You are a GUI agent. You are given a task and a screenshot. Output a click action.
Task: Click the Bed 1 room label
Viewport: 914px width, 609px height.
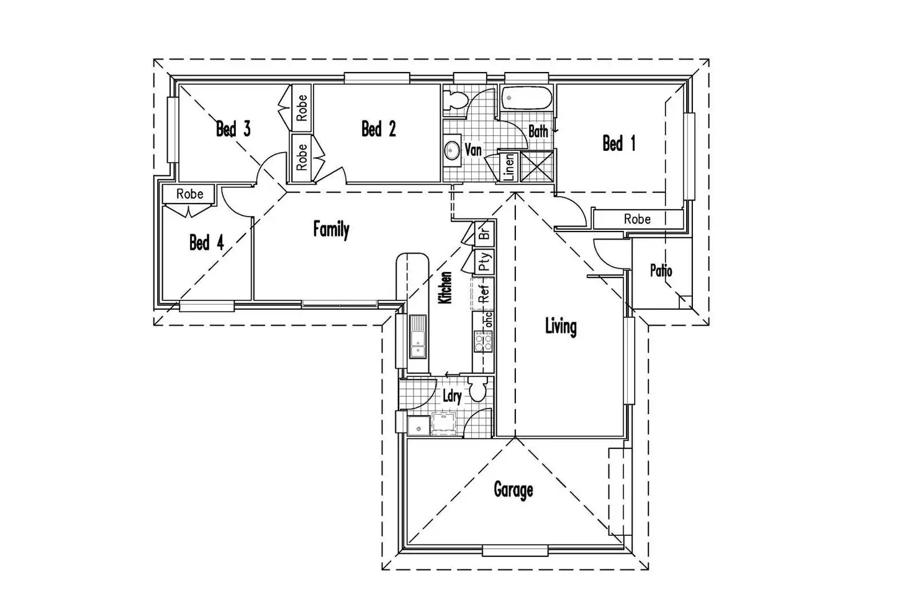(618, 144)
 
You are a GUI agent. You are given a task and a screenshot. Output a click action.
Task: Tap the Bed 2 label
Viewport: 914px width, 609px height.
(378, 129)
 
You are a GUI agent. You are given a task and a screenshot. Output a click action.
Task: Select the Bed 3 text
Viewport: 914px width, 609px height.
(233, 129)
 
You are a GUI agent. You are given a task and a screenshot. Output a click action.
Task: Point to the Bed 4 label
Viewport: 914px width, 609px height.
(206, 242)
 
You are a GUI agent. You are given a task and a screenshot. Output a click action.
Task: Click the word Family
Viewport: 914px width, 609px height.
(331, 230)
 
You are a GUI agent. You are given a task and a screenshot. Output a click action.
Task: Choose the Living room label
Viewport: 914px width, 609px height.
(560, 326)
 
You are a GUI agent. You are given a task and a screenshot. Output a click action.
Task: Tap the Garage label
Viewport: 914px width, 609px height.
(513, 490)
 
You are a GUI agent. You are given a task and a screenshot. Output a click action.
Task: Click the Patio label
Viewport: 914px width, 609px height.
(661, 271)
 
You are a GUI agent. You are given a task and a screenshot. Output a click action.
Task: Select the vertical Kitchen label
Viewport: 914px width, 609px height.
(445, 288)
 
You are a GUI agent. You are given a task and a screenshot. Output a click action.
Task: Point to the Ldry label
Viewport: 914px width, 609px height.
(451, 396)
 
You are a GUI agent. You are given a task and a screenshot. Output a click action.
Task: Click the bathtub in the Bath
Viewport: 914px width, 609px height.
(526, 98)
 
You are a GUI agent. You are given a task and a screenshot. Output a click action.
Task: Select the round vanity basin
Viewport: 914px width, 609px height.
(452, 150)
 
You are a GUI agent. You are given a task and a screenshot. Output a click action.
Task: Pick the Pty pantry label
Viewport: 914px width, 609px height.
(485, 262)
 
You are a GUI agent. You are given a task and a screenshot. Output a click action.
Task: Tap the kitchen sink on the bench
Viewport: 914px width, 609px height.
(417, 336)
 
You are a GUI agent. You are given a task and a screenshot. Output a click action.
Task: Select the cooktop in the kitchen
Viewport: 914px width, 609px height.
(483, 341)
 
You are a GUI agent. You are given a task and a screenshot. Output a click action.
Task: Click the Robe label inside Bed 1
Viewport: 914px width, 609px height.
(637, 219)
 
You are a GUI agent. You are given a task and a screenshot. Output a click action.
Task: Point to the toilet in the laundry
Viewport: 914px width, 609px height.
(477, 390)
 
